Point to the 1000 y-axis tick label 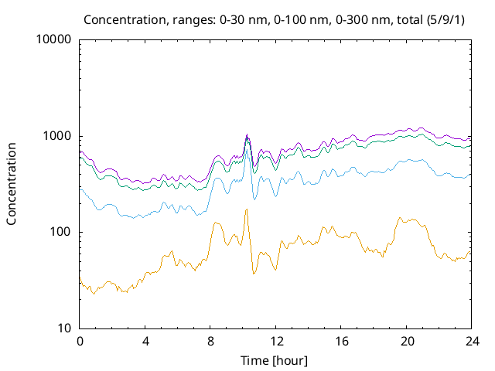pyautogui.click(x=57, y=136)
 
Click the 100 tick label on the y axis pyautogui.click(x=60, y=233)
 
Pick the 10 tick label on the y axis pyautogui.click(x=64, y=328)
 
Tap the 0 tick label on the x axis pyautogui.click(x=80, y=341)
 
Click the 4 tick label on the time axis pyautogui.click(x=145, y=341)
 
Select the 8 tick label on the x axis pyautogui.click(x=210, y=341)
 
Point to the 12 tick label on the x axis pyautogui.click(x=276, y=341)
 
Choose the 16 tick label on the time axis pyautogui.click(x=341, y=341)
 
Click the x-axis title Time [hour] pyautogui.click(x=275, y=360)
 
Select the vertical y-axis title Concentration pyautogui.click(x=12, y=184)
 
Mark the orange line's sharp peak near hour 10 pyautogui.click(x=247, y=209)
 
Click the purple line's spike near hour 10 pyautogui.click(x=247, y=134)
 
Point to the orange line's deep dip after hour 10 pyautogui.click(x=254, y=273)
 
